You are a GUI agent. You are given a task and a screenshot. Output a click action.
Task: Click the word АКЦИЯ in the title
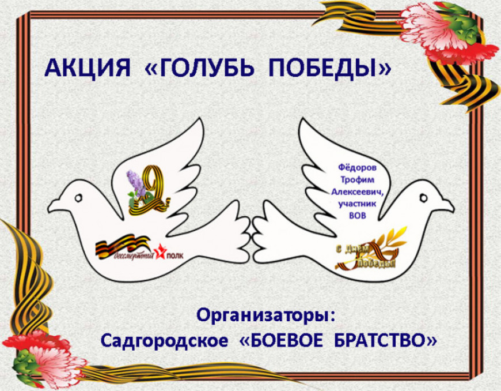click(88, 67)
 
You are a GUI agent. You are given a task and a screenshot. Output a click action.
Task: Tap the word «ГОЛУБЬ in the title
click(199, 67)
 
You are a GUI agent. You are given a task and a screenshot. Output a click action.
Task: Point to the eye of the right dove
click(423, 197)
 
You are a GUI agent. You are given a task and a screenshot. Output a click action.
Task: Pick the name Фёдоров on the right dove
click(357, 167)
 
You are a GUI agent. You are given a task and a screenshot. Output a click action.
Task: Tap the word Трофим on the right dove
click(357, 179)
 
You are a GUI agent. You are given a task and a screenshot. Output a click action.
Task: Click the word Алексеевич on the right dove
click(356, 191)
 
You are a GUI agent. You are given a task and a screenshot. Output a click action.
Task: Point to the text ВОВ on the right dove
click(358, 216)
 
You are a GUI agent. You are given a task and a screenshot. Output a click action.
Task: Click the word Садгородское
click(164, 341)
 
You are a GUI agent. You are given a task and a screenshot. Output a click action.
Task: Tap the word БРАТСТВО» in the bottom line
click(386, 341)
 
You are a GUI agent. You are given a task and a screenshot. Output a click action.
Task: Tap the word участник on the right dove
click(358, 204)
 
